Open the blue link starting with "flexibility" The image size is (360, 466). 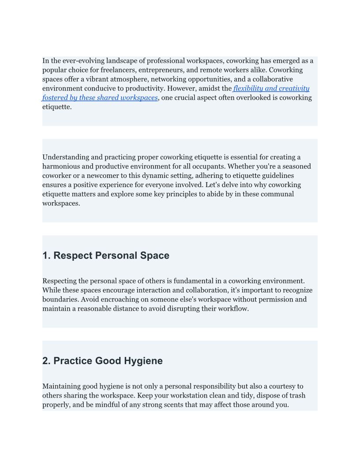click(x=271, y=88)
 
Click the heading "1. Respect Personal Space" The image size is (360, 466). click(x=106, y=256)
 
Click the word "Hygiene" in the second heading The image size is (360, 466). click(x=144, y=361)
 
